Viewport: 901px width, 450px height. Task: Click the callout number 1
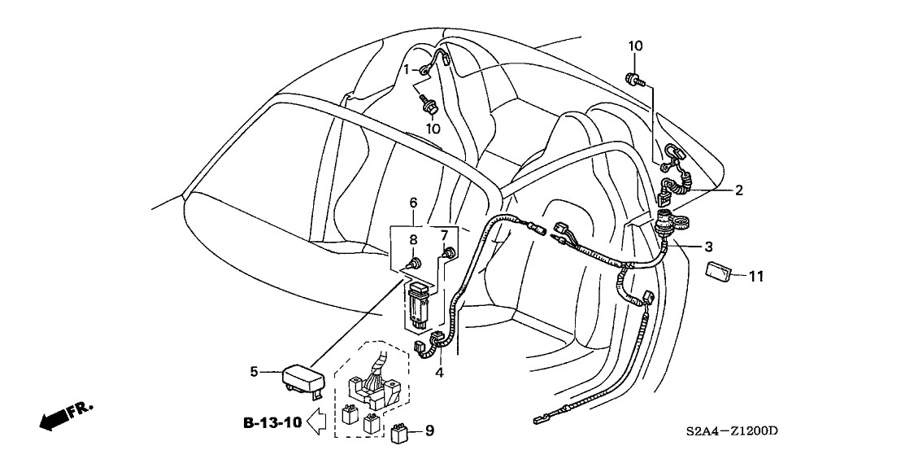pyautogui.click(x=407, y=70)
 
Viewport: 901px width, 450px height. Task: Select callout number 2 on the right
pyautogui.click(x=738, y=190)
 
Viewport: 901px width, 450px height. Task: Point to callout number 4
pyautogui.click(x=439, y=374)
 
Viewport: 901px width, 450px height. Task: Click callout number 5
pyautogui.click(x=254, y=373)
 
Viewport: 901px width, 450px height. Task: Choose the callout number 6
pyautogui.click(x=413, y=201)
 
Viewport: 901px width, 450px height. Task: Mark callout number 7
pyautogui.click(x=444, y=236)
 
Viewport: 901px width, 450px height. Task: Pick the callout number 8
pyautogui.click(x=413, y=240)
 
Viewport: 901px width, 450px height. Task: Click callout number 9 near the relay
pyautogui.click(x=430, y=430)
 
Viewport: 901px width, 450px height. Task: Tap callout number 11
pyautogui.click(x=756, y=277)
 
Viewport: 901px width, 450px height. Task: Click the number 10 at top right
pyautogui.click(x=635, y=46)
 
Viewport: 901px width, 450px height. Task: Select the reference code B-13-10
pyautogui.click(x=271, y=422)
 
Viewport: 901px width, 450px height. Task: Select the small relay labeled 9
pyautogui.click(x=401, y=431)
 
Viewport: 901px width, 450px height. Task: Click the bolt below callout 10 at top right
pyautogui.click(x=634, y=80)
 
